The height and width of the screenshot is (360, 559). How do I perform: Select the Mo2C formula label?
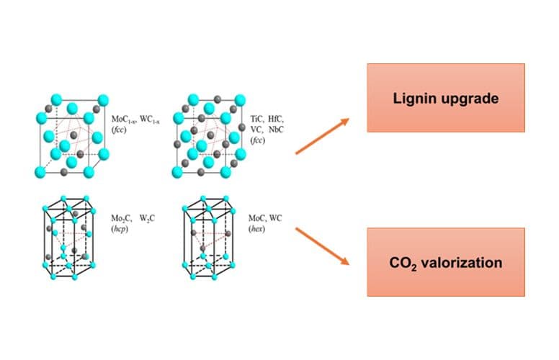click(121, 217)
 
